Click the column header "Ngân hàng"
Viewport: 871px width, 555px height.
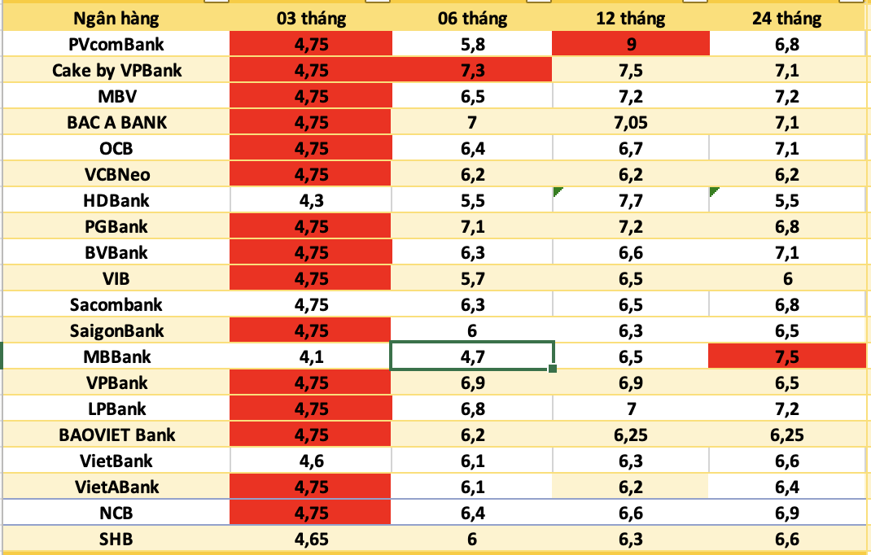click(116, 18)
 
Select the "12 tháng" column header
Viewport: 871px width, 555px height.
click(631, 18)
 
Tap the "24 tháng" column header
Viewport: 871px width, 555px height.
click(787, 18)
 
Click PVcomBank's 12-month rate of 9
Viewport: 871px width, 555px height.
click(631, 44)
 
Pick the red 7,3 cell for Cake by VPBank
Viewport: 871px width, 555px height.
click(473, 70)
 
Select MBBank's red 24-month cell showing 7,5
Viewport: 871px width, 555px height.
click(787, 356)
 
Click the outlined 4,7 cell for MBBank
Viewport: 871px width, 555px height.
click(473, 356)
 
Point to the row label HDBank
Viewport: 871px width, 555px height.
click(116, 200)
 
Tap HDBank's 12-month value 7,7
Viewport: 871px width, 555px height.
click(631, 200)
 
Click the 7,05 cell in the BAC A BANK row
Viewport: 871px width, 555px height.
click(631, 122)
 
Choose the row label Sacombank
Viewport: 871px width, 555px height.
click(116, 304)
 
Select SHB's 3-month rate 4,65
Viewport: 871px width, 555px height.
click(313, 539)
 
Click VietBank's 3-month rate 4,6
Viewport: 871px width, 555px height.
click(313, 461)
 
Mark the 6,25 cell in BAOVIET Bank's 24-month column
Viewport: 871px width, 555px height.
click(787, 435)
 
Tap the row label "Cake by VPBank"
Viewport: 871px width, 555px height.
click(116, 70)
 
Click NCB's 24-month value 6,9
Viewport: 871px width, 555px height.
click(787, 513)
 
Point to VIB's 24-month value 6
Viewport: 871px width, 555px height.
click(787, 278)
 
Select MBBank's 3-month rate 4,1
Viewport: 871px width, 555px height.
click(313, 356)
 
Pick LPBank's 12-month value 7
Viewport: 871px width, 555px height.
click(631, 409)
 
